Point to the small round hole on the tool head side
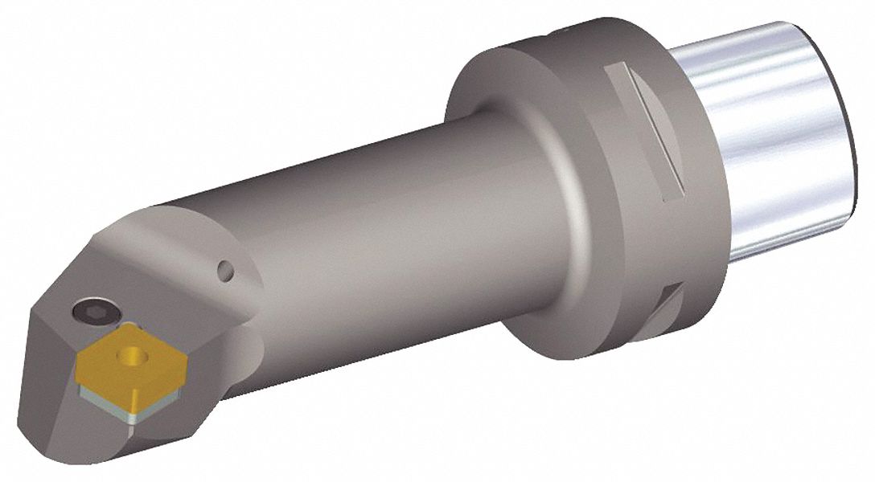click(x=227, y=271)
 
